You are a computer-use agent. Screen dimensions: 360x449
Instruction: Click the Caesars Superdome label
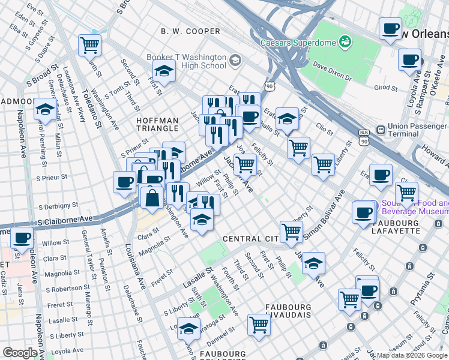click(298, 43)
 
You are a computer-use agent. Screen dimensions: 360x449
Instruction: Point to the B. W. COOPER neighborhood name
click(190, 31)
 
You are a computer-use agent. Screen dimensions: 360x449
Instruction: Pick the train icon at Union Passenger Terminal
click(380, 130)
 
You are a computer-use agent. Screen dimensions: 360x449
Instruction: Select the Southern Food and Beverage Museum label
click(414, 208)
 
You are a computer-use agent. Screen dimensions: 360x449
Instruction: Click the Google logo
click(20, 352)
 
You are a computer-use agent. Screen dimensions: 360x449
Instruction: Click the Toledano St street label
click(97, 109)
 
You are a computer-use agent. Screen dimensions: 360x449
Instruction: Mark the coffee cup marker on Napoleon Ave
click(22, 238)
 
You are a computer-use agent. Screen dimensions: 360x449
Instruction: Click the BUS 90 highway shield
click(363, 137)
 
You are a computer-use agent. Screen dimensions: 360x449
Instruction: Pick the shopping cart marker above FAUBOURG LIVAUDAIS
click(258, 324)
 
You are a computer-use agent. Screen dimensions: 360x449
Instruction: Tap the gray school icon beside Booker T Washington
click(234, 60)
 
